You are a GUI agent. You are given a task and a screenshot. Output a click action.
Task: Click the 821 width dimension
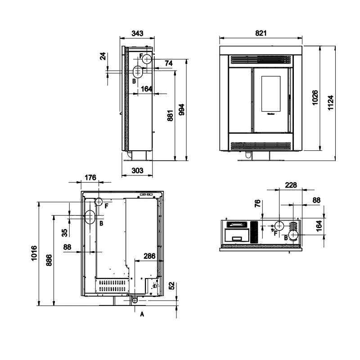click(261, 33)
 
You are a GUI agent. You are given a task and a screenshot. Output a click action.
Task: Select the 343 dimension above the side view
click(137, 33)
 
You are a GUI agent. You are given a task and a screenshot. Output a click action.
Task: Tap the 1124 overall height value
click(330, 103)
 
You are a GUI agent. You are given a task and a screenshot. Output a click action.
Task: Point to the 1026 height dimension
click(315, 98)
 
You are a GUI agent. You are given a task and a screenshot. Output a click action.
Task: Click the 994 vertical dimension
click(182, 109)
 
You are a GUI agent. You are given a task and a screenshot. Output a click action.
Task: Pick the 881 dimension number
click(170, 116)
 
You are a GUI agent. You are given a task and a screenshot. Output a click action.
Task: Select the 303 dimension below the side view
click(137, 171)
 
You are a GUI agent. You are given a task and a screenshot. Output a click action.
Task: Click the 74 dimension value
click(169, 63)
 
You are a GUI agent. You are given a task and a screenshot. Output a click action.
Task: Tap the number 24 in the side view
click(103, 56)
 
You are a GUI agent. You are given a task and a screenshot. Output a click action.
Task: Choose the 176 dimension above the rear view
click(90, 177)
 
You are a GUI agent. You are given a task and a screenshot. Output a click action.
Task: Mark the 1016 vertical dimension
click(34, 253)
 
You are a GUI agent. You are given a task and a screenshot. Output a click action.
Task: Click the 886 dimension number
click(49, 260)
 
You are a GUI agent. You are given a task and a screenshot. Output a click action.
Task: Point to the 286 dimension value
click(149, 256)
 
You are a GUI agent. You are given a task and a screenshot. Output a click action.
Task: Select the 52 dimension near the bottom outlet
click(172, 286)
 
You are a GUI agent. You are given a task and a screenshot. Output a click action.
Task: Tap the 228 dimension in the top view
click(291, 185)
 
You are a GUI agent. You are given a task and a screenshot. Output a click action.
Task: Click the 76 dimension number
click(257, 203)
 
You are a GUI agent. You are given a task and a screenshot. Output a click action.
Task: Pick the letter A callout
click(142, 314)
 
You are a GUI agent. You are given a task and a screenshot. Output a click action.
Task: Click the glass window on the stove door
click(271, 94)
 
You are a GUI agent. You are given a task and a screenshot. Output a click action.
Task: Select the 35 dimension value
click(65, 233)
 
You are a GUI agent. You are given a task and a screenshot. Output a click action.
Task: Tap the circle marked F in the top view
click(279, 226)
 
